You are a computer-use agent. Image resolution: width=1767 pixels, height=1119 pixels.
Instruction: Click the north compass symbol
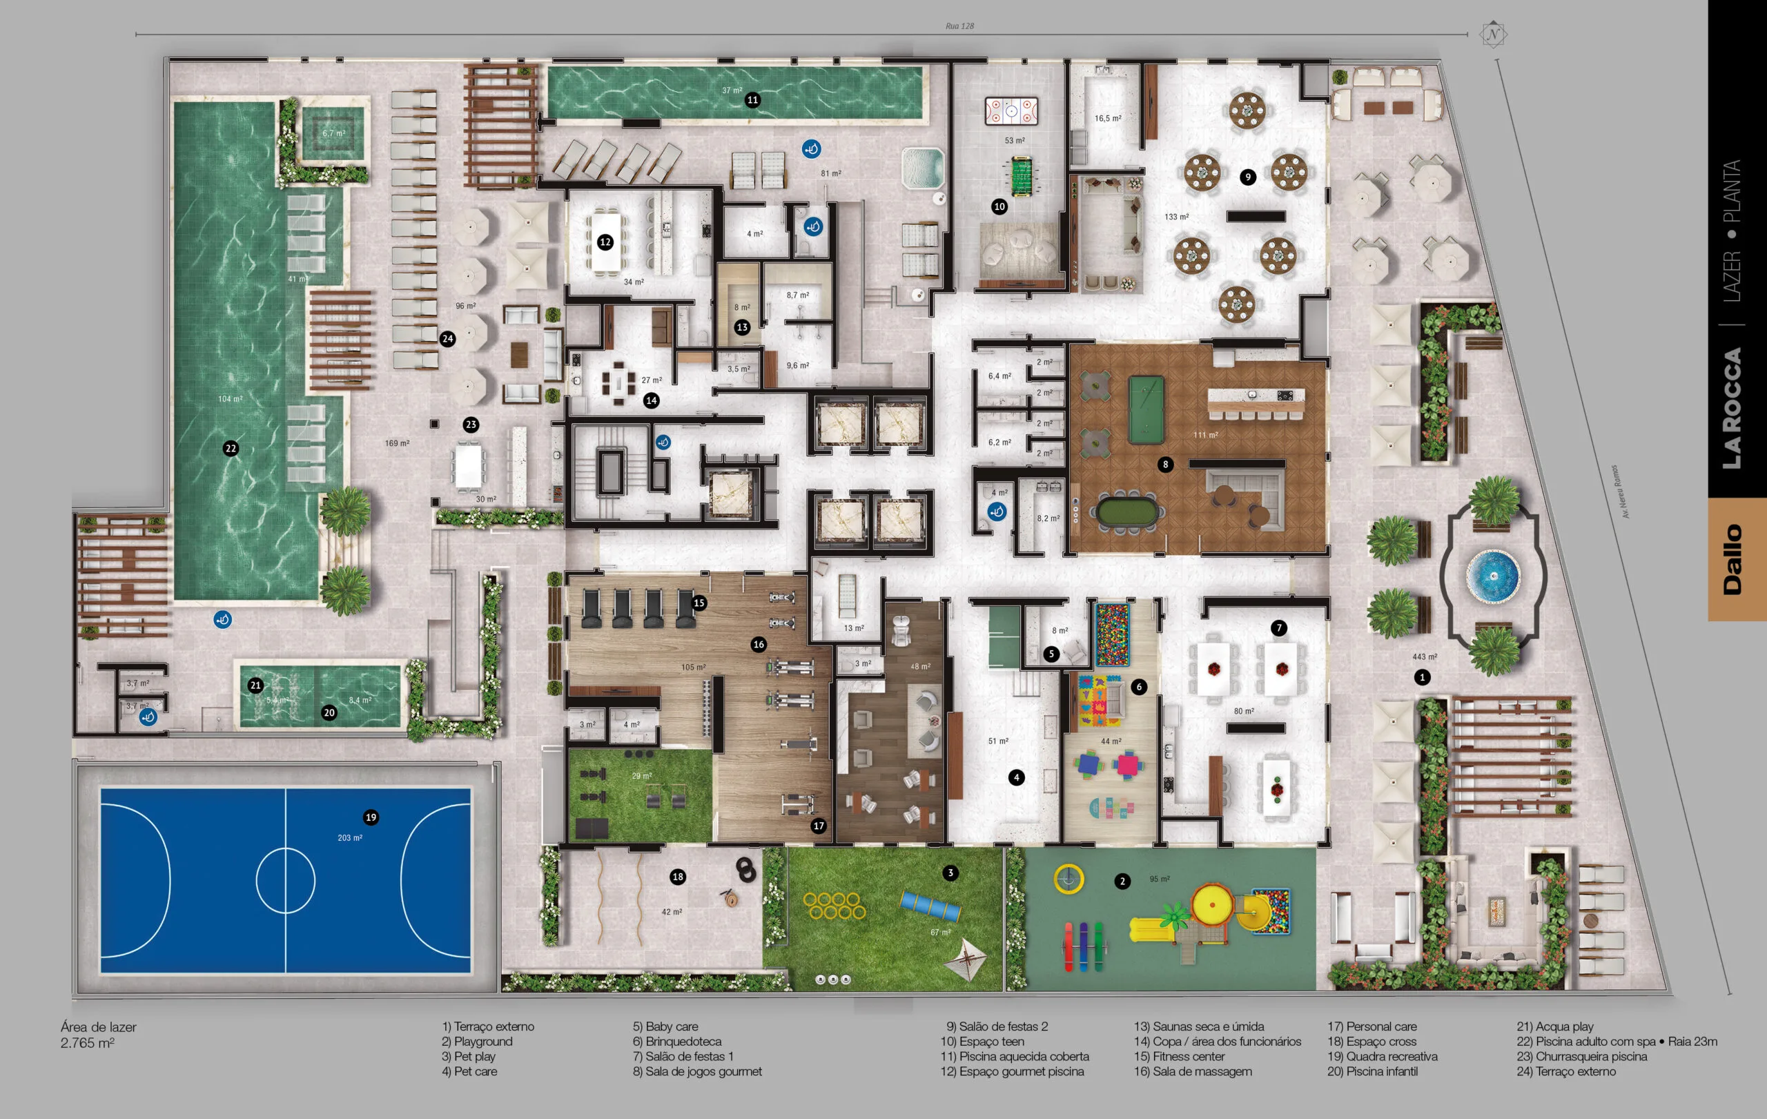click(1492, 34)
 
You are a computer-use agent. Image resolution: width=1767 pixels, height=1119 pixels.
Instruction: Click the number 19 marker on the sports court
click(371, 817)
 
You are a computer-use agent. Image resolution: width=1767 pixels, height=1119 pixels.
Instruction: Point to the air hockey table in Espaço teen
click(1011, 112)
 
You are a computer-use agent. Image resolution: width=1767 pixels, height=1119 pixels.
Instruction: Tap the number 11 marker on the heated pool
click(752, 100)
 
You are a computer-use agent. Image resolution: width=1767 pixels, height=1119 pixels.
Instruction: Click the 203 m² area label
click(349, 837)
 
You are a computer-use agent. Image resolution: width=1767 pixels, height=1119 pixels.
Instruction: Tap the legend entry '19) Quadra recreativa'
click(1382, 1057)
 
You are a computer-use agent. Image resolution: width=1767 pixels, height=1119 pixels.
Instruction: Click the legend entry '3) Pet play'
click(468, 1057)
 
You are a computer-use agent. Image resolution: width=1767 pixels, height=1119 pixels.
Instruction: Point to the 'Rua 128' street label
click(959, 26)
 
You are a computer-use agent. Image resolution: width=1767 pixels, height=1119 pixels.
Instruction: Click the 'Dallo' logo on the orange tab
click(1733, 559)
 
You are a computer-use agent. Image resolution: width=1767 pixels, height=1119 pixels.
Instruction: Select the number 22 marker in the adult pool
click(231, 447)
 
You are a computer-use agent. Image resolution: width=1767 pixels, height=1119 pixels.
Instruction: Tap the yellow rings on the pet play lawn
click(834, 906)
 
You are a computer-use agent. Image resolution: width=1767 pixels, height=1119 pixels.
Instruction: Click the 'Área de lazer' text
click(98, 1027)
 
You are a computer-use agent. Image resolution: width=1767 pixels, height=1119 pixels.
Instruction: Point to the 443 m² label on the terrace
click(1425, 656)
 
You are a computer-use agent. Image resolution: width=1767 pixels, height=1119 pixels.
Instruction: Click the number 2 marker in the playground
click(1122, 882)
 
